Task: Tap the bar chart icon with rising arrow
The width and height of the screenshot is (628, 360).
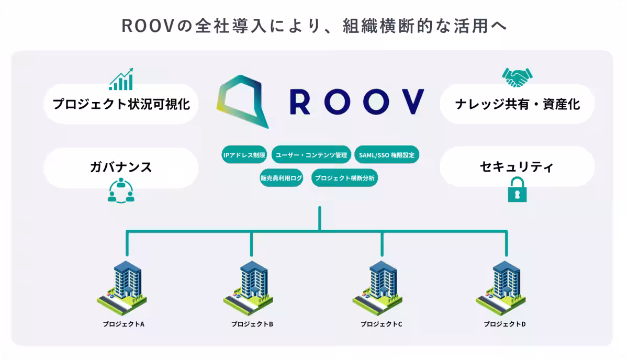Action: coord(121,79)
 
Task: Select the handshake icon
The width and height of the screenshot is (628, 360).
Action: coord(517,78)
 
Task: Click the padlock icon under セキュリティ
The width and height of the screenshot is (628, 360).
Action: coord(517,190)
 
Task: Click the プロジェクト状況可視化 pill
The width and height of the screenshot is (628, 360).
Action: coord(121,104)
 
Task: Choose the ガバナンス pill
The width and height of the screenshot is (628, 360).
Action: coord(121,167)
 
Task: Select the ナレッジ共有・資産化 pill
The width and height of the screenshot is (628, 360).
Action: coord(517,104)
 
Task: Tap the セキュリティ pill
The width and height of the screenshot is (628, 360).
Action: coord(517,167)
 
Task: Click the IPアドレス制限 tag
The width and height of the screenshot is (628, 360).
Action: coord(245,155)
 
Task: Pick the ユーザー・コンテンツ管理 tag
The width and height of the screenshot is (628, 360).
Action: coord(311,155)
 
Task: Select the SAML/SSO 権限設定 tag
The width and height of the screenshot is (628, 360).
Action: coord(387,155)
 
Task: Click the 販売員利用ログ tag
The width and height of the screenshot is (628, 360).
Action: coord(282,178)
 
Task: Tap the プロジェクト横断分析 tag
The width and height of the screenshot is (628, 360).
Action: coord(344,178)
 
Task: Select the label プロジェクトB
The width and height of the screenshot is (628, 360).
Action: coord(252,324)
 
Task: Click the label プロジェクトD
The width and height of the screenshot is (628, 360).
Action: coord(504,324)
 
